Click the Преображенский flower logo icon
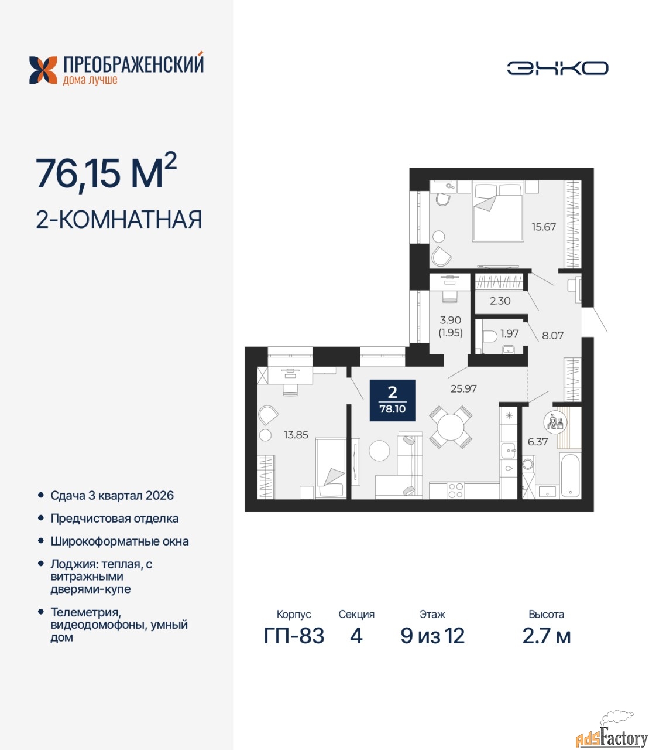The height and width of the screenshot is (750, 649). [x=43, y=70]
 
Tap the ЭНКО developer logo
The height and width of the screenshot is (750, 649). [x=557, y=68]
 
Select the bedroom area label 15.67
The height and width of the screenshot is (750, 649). [x=544, y=227]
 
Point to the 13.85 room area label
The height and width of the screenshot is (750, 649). [x=296, y=435]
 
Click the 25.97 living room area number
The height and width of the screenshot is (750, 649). [x=463, y=388]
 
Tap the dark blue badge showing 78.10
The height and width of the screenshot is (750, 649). [x=393, y=400]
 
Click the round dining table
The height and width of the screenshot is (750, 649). [x=451, y=427]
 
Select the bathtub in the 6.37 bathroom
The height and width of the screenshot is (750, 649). [x=571, y=475]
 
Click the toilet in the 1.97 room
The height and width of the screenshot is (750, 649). [x=490, y=336]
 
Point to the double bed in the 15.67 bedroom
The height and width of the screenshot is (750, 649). [x=498, y=211]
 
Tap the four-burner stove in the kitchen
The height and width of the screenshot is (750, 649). [x=455, y=490]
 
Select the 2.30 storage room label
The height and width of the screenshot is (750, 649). [x=500, y=301]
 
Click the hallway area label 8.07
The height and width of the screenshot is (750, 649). [x=552, y=335]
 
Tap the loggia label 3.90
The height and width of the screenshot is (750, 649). [x=451, y=320]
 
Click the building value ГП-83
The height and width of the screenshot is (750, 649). [x=294, y=636]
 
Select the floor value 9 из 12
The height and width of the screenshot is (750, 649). [x=432, y=636]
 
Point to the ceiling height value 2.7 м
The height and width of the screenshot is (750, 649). [x=547, y=636]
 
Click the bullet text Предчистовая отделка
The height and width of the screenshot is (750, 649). [x=115, y=519]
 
